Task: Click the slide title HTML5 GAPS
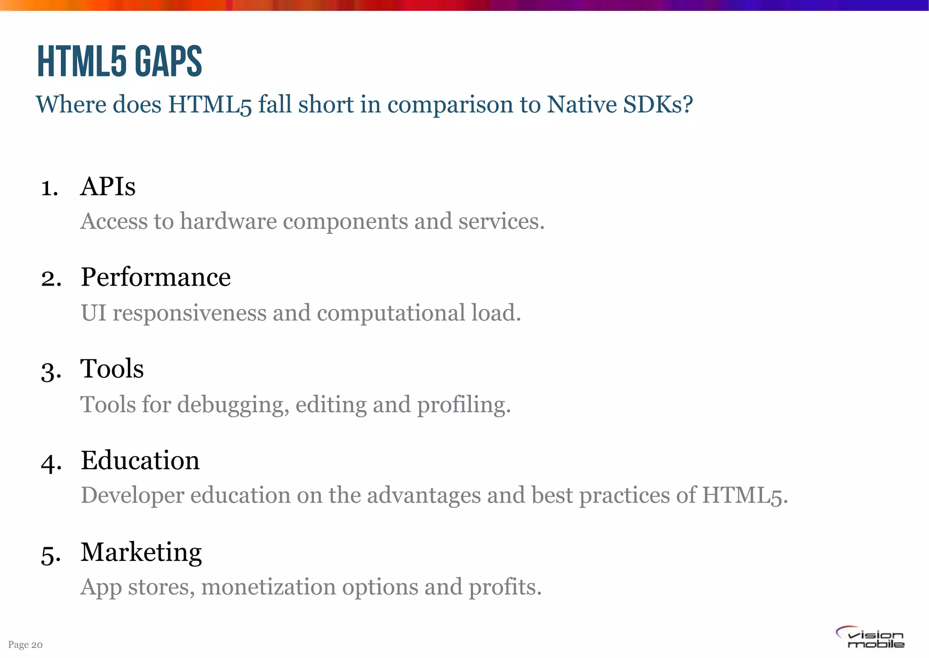tap(119, 61)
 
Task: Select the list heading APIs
tap(108, 186)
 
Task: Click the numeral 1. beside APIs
tap(49, 188)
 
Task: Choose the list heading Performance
tap(156, 277)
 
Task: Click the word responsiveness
tap(190, 313)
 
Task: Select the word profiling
tap(464, 405)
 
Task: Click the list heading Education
tap(140, 460)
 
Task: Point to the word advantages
tap(424, 495)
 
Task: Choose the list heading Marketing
tap(141, 553)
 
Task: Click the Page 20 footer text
tap(25, 645)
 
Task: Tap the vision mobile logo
tap(870, 637)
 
